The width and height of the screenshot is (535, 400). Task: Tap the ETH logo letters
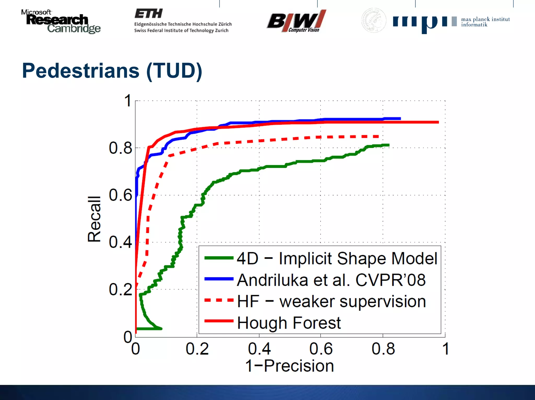[148, 14]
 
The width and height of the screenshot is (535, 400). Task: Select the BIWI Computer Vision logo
[296, 21]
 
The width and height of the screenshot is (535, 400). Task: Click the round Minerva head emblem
[374, 20]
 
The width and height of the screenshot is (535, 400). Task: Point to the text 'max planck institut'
[485, 19]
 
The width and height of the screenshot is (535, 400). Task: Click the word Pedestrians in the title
[81, 71]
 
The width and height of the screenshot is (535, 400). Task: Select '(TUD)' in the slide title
[174, 71]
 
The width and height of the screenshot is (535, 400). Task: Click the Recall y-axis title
[94, 219]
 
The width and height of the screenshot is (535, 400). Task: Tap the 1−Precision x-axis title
[289, 366]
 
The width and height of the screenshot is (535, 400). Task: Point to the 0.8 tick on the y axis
[120, 148]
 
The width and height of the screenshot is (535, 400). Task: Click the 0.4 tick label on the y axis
[120, 242]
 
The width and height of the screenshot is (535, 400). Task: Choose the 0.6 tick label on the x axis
[321, 349]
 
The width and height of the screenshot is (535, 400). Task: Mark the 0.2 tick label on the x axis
[197, 349]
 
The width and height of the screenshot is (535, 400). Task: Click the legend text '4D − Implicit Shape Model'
[337, 259]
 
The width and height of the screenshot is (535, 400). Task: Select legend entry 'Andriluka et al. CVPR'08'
[331, 280]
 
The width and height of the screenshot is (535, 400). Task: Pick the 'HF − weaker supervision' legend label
[331, 301]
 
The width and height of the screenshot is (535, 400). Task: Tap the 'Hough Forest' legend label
[289, 323]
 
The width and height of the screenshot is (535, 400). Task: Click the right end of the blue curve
[400, 119]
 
